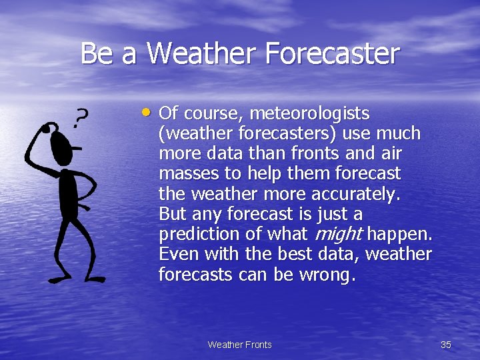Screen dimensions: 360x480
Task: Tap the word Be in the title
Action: point(96,53)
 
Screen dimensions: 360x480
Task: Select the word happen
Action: point(400,235)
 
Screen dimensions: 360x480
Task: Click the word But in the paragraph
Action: point(173,214)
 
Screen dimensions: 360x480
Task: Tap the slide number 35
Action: point(446,345)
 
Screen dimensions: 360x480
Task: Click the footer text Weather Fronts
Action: point(240,345)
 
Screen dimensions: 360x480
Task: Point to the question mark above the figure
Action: point(79,118)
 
